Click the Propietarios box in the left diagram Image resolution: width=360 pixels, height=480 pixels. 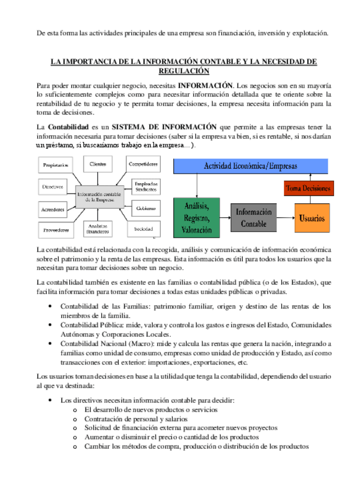pyautogui.click(x=55, y=165)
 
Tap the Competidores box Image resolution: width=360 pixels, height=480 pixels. pyautogui.click(x=143, y=164)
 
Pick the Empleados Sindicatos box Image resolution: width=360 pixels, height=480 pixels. pyautogui.click(x=146, y=186)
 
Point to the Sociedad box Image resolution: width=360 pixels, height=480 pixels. pyautogui.click(x=144, y=229)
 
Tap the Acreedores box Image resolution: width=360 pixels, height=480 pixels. pyautogui.click(x=53, y=209)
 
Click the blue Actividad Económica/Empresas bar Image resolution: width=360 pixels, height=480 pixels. pyautogui.click(x=250, y=166)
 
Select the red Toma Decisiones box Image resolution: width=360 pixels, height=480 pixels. pyautogui.click(x=308, y=188)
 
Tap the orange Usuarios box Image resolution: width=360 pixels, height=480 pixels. pyautogui.click(x=312, y=217)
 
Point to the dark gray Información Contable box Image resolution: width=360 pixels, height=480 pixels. pyautogui.click(x=254, y=218)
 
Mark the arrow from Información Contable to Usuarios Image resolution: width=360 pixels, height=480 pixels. pyautogui.click(x=286, y=218)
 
